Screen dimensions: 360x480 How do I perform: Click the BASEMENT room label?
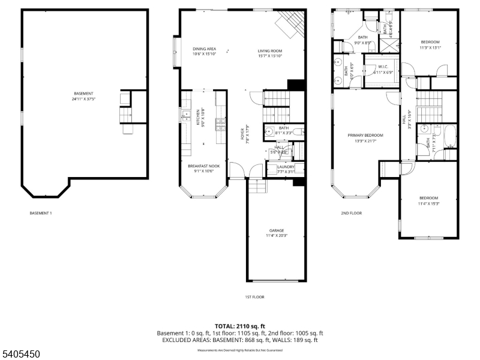pos(83,93)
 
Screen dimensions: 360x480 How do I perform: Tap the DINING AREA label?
pos(204,49)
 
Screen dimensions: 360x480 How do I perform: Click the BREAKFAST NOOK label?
pos(200,166)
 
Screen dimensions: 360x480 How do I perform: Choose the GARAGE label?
pos(276,230)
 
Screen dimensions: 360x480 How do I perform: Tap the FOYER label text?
pos(244,130)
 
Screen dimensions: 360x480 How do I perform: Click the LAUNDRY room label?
pos(286,167)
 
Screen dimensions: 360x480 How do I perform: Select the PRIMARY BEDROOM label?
pos(365,135)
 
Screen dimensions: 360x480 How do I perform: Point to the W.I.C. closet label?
pos(383,67)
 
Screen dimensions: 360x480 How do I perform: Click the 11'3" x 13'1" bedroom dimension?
pos(430,48)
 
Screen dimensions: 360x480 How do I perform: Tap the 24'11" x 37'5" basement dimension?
pos(83,98)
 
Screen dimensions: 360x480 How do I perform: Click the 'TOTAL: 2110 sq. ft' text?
pos(240,326)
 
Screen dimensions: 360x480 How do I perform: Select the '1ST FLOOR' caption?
pos(254,297)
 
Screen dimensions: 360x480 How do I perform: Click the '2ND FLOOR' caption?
pos(352,213)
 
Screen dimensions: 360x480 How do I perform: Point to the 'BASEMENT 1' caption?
pos(41,213)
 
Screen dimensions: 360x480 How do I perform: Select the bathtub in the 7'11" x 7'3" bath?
pos(450,136)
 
